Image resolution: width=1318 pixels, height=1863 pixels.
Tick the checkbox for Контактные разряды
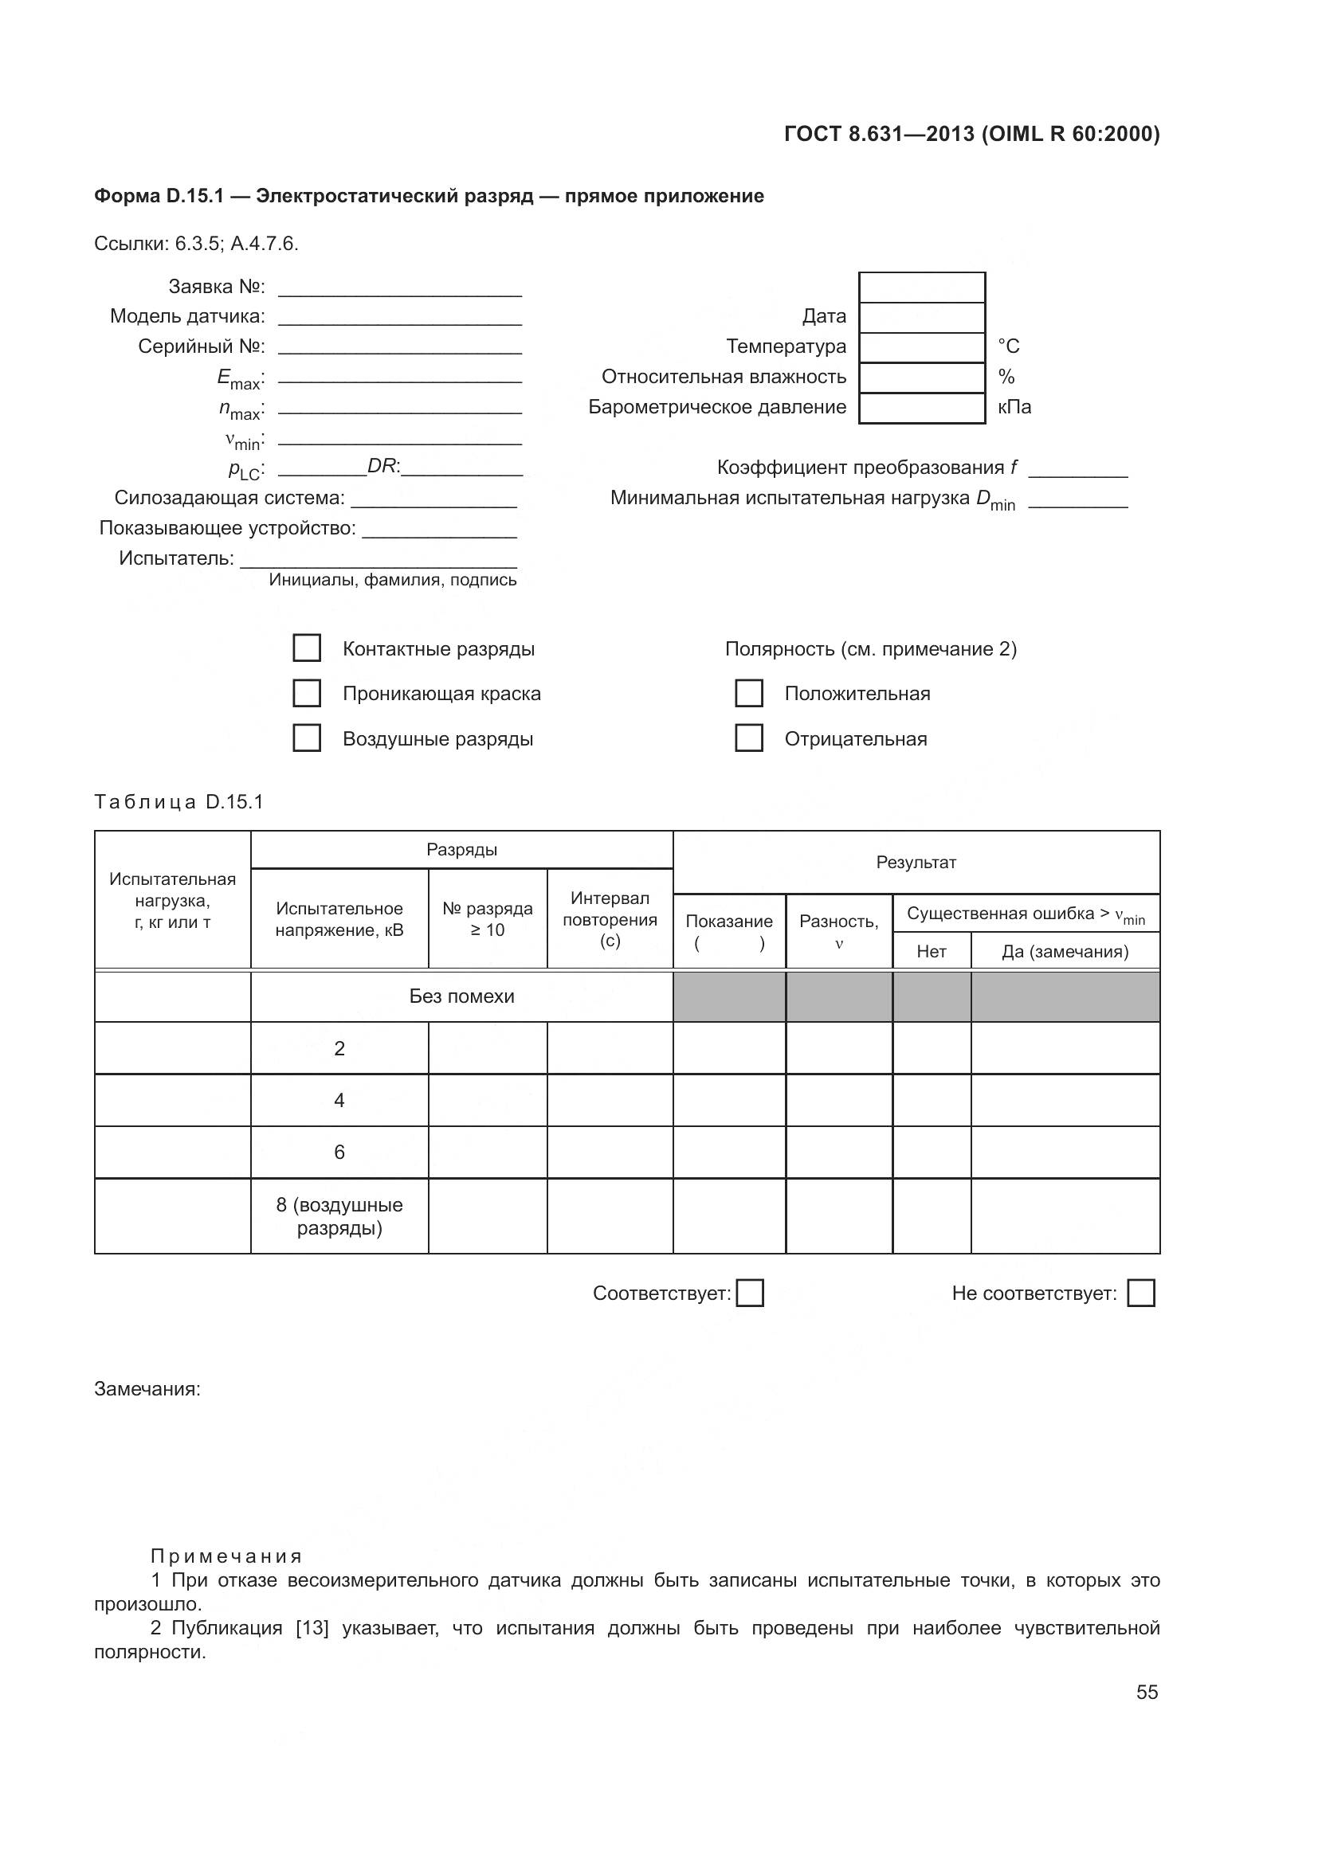pyautogui.click(x=306, y=648)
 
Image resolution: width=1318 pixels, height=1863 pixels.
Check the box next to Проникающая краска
pyautogui.click(x=306, y=693)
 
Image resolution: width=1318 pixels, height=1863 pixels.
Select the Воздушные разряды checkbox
pyautogui.click(x=306, y=738)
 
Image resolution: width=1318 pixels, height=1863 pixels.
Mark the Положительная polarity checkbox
pyautogui.click(x=748, y=693)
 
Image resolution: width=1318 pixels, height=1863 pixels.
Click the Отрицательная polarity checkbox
pyautogui.click(x=748, y=738)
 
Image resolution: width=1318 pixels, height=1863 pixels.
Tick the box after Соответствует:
pyautogui.click(x=749, y=1293)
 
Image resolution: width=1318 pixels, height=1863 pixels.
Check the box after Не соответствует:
pyautogui.click(x=1141, y=1293)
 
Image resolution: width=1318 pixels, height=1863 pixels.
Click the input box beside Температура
pyautogui.click(x=922, y=347)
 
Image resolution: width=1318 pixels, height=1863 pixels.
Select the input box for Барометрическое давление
pyautogui.click(x=922, y=408)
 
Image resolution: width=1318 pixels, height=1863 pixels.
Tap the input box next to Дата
pyautogui.click(x=922, y=317)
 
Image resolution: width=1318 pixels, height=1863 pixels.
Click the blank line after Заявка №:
pyautogui.click(x=399, y=289)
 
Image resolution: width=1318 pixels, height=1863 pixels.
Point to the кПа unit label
pyautogui.click(x=1014, y=407)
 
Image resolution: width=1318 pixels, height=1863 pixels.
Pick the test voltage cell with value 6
pyautogui.click(x=339, y=1153)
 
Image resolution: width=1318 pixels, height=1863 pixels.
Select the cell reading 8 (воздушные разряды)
pyautogui.click(x=339, y=1215)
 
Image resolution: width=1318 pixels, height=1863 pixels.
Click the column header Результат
pyautogui.click(x=916, y=863)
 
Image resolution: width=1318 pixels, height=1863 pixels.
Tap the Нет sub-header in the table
pyautogui.click(x=931, y=952)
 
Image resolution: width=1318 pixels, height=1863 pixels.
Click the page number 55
pyautogui.click(x=1147, y=1692)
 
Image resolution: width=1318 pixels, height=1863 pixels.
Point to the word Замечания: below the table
pyautogui.click(x=147, y=1389)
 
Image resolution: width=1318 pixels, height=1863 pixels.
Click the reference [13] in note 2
pyautogui.click(x=312, y=1629)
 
